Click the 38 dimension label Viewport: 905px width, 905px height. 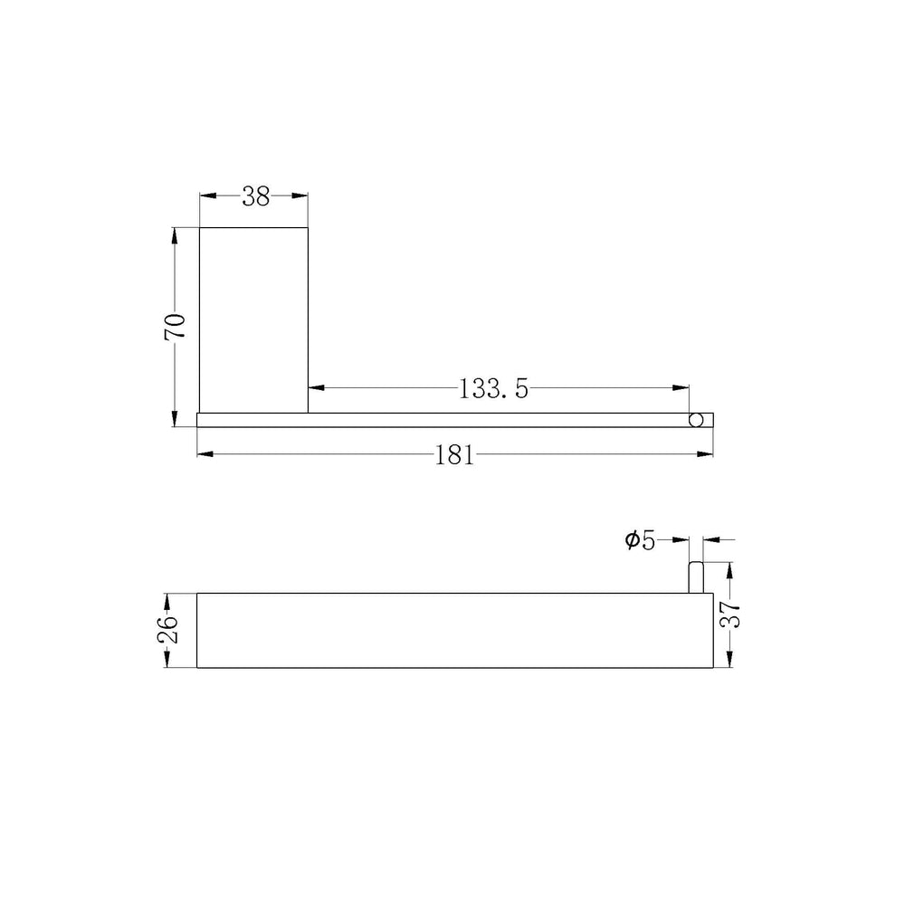point(256,196)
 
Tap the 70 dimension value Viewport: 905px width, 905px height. point(175,326)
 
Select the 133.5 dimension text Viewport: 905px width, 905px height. point(493,389)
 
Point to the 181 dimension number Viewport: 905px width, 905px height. point(454,455)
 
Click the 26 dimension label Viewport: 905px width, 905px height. point(168,630)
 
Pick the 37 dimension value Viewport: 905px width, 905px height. point(730,614)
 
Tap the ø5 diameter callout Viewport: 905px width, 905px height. point(640,541)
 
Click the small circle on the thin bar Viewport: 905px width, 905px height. point(696,420)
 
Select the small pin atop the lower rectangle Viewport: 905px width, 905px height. point(695,577)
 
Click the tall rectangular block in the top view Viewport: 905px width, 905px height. point(253,320)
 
